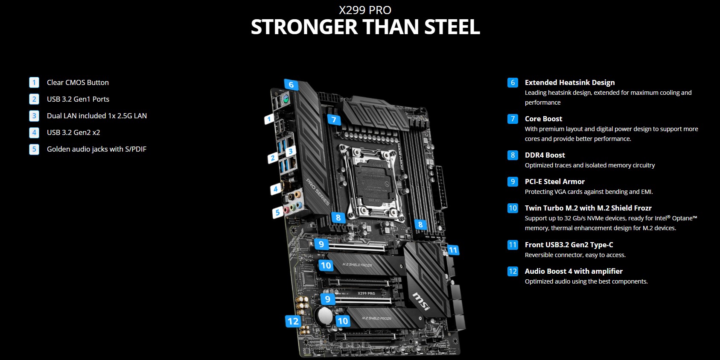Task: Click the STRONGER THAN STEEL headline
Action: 365,27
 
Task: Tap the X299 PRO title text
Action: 365,10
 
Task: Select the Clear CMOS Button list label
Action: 78,82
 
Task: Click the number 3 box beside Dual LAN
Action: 34,116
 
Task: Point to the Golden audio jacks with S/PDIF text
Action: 96,149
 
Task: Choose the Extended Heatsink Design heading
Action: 570,82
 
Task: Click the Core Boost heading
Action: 543,119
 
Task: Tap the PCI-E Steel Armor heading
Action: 554,181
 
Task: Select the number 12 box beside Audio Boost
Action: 513,271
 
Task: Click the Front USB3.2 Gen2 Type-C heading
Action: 569,245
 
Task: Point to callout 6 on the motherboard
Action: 291,85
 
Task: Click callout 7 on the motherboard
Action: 334,120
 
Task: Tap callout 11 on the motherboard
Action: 453,250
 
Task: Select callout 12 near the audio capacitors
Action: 293,321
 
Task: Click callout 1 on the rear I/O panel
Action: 269,119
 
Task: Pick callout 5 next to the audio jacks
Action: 277,212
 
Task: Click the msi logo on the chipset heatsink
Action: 421,301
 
